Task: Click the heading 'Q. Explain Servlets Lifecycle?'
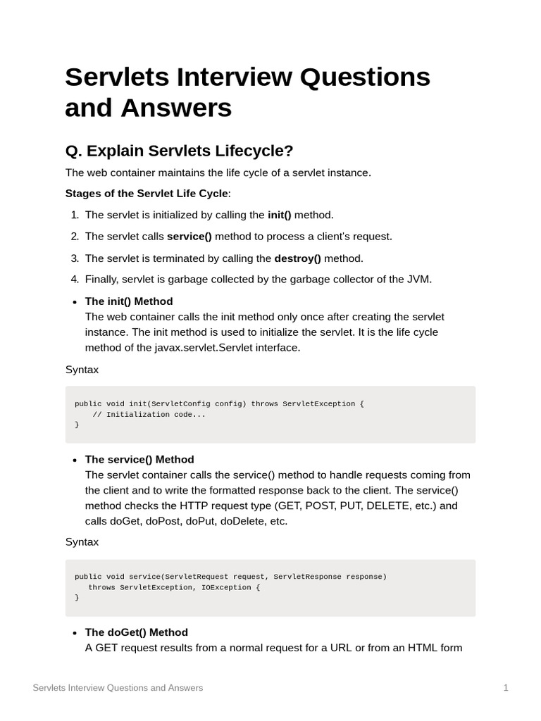tap(179, 151)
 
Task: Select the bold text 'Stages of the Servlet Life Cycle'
tap(147, 194)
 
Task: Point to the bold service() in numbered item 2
tap(189, 237)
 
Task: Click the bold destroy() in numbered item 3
tap(297, 258)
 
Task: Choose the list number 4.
tap(74, 280)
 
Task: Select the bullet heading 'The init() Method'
tap(129, 301)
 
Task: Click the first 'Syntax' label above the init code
tap(82, 370)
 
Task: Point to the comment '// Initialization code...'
tap(149, 414)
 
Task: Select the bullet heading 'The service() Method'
tap(139, 460)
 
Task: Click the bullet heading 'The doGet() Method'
tap(137, 632)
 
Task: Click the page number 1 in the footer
tap(506, 688)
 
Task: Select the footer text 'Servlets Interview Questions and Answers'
tap(118, 688)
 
